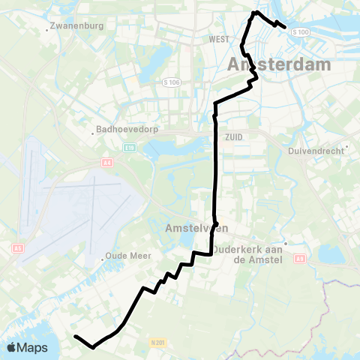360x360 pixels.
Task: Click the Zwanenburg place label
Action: click(75, 25)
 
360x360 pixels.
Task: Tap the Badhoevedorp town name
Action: click(124, 128)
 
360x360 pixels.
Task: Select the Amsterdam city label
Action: click(278, 65)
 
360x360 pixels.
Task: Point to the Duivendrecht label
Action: click(315, 150)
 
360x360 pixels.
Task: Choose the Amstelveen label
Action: click(190, 227)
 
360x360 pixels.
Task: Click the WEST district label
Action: click(219, 38)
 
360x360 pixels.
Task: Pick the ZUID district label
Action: click(232, 136)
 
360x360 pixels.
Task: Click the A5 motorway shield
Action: click(18, 247)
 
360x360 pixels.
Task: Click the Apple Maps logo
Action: click(27, 347)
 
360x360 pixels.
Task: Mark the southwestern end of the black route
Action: click(75, 337)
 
